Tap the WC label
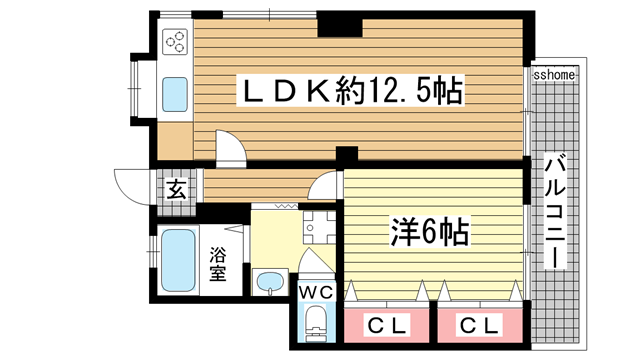pos(318,291)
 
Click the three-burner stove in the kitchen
pos(175,43)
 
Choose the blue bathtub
pos(178,260)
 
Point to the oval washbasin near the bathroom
pos(270,283)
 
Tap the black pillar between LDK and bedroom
pos(347,157)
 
